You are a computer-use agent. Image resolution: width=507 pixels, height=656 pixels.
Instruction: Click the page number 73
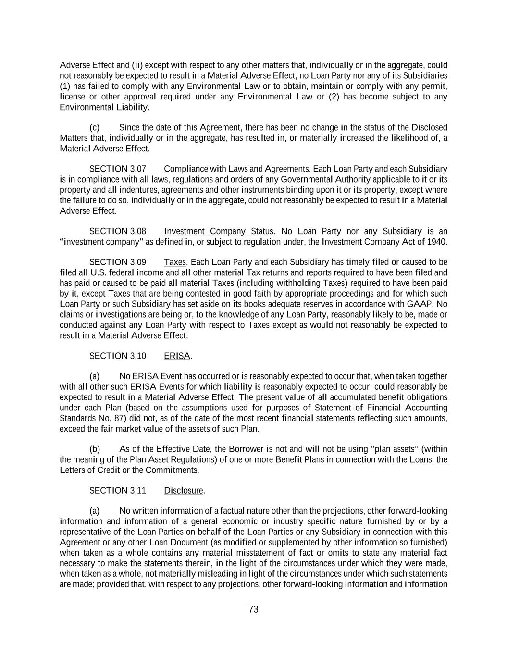point(253,609)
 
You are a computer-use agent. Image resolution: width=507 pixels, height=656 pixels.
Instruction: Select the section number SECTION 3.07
point(118,169)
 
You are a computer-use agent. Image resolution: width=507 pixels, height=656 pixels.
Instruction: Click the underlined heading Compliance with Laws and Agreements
point(236,169)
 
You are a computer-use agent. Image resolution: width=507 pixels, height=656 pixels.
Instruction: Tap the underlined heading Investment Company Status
point(219,231)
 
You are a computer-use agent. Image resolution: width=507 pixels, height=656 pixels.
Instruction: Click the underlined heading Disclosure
point(184,490)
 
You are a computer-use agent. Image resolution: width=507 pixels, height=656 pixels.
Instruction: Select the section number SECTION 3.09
point(118,262)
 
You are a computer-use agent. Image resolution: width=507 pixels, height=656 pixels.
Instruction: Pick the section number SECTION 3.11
point(118,490)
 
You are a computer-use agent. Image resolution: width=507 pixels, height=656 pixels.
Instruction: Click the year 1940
point(437,242)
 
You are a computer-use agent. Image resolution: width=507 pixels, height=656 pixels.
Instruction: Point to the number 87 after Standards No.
point(108,418)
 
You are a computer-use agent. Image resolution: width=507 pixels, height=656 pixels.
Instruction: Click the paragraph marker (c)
point(95,127)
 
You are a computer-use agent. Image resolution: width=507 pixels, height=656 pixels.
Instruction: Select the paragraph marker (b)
point(95,449)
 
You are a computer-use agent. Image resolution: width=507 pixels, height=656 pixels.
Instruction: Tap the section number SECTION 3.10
point(118,356)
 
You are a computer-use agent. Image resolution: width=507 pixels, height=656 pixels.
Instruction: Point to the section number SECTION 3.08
point(118,231)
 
